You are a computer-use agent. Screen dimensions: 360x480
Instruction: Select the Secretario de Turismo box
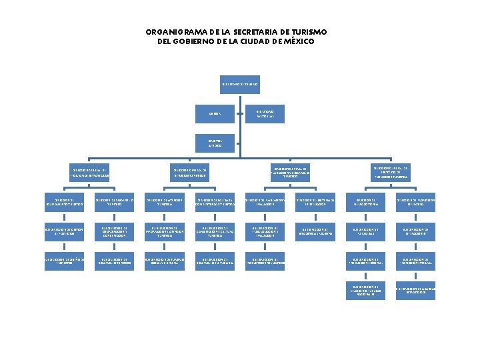point(240,85)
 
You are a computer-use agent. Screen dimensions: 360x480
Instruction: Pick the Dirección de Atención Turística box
point(161,202)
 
